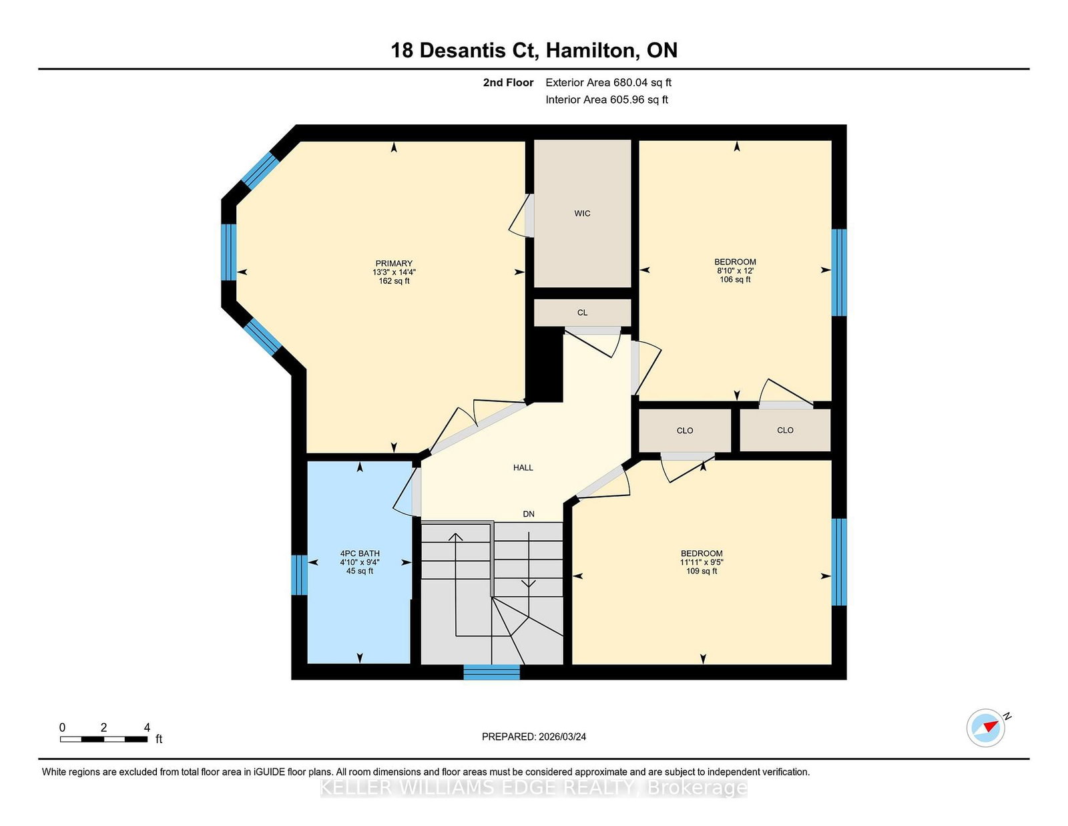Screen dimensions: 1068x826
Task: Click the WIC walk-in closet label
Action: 582,214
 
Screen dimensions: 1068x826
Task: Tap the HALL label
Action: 523,467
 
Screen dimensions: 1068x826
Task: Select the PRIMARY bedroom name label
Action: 394,264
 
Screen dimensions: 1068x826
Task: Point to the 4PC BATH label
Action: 360,553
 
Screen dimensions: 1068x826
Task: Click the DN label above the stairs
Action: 529,513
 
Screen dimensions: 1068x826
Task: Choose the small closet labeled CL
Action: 582,313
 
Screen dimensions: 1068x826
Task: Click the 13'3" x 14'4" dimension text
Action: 394,272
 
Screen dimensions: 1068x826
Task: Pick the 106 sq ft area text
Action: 735,279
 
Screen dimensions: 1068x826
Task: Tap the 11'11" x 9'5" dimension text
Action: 702,562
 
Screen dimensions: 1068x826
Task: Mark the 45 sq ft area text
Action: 360,571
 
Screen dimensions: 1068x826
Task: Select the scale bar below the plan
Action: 103,739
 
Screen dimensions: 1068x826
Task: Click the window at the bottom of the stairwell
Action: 491,672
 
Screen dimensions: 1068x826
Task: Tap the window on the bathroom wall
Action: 299,575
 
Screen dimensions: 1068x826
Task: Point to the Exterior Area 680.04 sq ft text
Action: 608,83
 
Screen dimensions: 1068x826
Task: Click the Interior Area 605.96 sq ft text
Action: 607,99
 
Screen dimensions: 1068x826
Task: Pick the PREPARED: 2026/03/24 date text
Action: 534,737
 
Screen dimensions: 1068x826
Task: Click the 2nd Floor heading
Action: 508,83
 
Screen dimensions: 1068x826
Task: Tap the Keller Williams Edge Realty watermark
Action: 534,788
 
